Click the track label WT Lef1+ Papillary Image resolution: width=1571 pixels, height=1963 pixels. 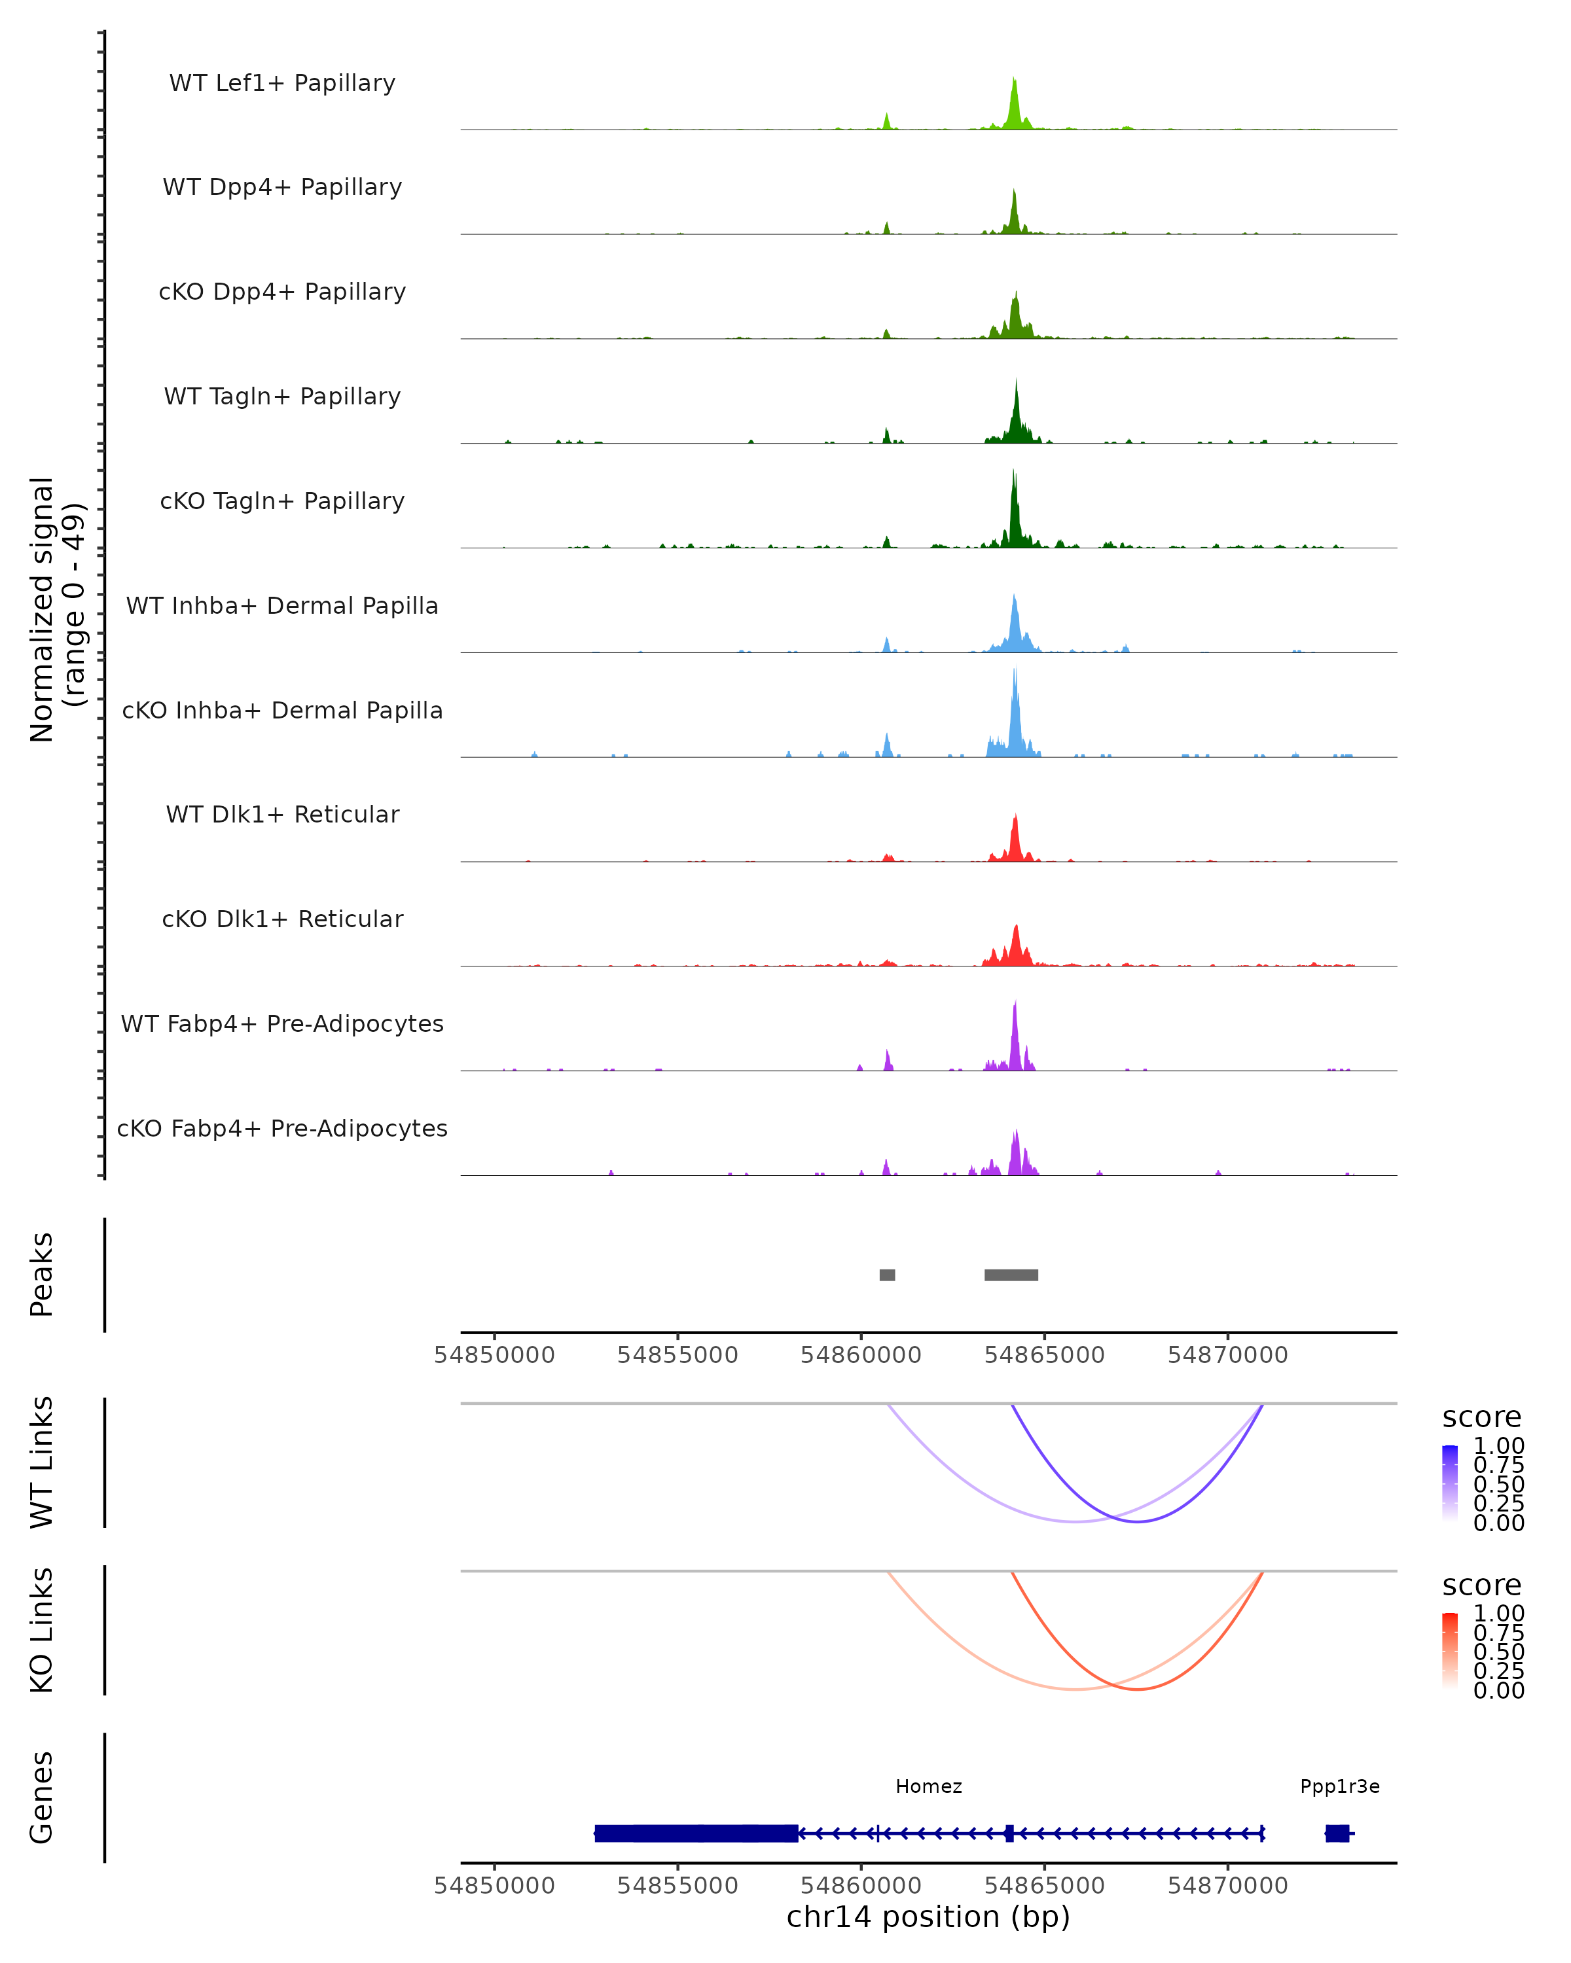pyautogui.click(x=282, y=83)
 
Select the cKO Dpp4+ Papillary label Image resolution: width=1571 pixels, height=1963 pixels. pyautogui.click(x=282, y=292)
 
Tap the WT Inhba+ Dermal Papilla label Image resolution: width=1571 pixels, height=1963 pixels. pyautogui.click(x=282, y=607)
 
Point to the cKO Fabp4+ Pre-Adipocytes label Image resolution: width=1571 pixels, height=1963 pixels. pyautogui.click(x=282, y=1129)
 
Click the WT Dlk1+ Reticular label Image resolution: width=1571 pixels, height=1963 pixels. pyautogui.click(x=282, y=815)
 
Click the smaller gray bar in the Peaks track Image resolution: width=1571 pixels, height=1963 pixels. pyautogui.click(x=887, y=1275)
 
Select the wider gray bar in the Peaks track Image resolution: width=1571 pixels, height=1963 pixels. pyautogui.click(x=1011, y=1275)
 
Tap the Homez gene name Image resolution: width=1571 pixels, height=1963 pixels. pyautogui.click(x=928, y=1786)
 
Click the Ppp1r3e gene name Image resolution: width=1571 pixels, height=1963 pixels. pyautogui.click(x=1339, y=1786)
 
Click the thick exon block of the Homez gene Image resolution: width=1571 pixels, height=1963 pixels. pyautogui.click(x=696, y=1833)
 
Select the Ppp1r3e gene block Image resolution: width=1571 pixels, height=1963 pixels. pyautogui.click(x=1337, y=1833)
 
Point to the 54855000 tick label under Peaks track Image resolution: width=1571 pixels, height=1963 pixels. pyautogui.click(x=677, y=1355)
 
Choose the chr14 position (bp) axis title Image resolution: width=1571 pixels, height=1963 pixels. pyautogui.click(x=928, y=1917)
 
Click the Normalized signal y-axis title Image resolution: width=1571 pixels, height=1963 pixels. pyautogui.click(x=56, y=610)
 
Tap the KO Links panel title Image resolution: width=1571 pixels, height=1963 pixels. pyautogui.click(x=42, y=1631)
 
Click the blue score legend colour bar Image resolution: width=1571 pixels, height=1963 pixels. pyautogui.click(x=1450, y=1483)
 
